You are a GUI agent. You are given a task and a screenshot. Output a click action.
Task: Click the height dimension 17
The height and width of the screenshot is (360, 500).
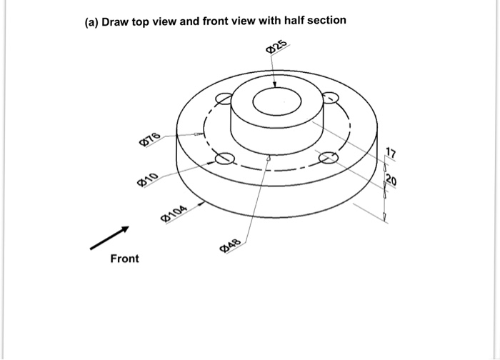tap(389, 151)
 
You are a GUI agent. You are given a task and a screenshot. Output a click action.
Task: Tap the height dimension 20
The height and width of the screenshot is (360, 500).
tap(391, 179)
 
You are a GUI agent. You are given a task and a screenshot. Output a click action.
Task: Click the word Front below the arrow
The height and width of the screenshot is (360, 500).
tap(124, 259)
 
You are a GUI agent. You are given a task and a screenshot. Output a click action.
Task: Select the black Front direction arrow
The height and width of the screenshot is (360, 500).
tap(109, 239)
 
